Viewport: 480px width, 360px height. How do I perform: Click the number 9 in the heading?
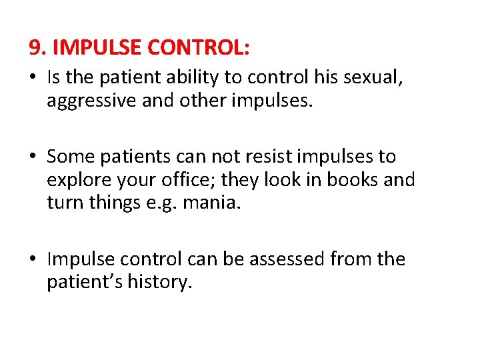(35, 48)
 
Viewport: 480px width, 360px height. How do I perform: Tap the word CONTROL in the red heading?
(199, 48)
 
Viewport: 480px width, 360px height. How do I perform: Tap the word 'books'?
(333, 180)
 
